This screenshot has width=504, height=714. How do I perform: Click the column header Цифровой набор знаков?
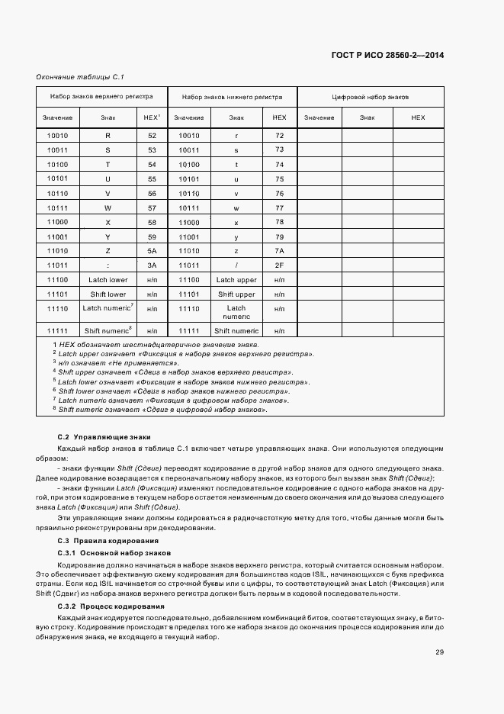tap(371, 98)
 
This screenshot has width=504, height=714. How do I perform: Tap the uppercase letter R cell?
tap(108, 135)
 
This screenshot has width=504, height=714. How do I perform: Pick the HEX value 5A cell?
tap(152, 251)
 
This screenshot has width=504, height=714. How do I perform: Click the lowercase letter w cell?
tap(236, 207)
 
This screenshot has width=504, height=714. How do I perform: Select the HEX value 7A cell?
tap(279, 251)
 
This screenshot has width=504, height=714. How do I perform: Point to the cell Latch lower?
tap(108, 280)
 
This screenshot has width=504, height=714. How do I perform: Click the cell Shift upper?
tap(236, 294)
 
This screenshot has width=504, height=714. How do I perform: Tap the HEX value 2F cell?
tap(279, 265)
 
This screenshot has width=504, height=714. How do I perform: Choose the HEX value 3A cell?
tap(152, 265)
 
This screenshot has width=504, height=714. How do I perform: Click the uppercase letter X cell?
tap(108, 222)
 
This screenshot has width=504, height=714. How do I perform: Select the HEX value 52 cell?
tap(152, 135)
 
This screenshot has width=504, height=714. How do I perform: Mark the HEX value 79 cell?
tap(279, 236)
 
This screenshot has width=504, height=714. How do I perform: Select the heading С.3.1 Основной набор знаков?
tap(114, 552)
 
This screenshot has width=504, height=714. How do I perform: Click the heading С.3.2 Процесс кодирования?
tap(111, 606)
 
